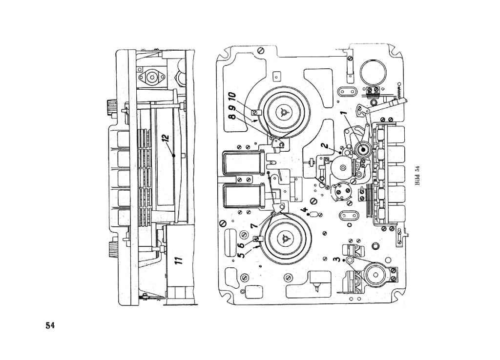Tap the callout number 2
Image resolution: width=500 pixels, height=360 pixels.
pyautogui.click(x=324, y=145)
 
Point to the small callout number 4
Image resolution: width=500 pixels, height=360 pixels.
pyautogui.click(x=304, y=211)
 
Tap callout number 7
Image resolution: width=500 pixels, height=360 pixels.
pyautogui.click(x=253, y=227)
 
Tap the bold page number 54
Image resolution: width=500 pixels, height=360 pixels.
pyautogui.click(x=50, y=325)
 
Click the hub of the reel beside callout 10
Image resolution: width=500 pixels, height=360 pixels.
pyautogui.click(x=284, y=112)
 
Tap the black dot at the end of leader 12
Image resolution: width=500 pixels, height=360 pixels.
pyautogui.click(x=173, y=155)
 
